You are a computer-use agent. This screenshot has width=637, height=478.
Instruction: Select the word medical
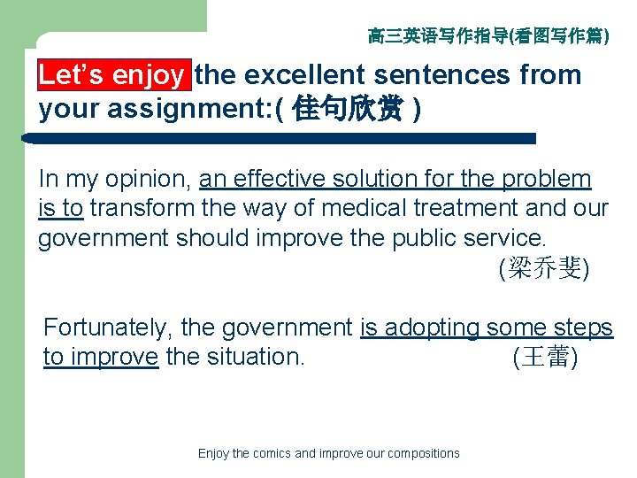point(364,209)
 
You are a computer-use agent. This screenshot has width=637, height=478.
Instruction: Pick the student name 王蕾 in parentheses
point(546,358)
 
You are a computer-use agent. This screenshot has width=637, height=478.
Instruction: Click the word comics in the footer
point(272,453)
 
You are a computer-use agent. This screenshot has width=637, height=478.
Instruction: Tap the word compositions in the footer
point(422,453)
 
